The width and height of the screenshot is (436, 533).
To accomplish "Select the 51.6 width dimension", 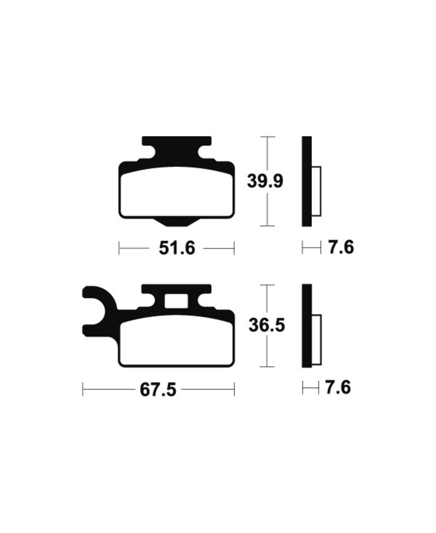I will pos(177,249).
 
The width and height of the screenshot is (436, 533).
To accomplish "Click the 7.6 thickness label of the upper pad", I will pos(341,248).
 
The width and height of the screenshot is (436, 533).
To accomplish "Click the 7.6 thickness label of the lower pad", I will pos(337,388).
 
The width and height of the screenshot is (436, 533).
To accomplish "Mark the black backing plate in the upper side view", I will pos(306,181).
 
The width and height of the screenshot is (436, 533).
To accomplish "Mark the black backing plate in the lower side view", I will pos(306,325).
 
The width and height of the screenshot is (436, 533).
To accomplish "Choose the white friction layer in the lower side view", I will pos(317,337).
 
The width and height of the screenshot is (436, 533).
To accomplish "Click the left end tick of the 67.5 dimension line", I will pos(83,390).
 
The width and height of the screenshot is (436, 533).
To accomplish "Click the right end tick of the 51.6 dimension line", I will pos(234,249).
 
